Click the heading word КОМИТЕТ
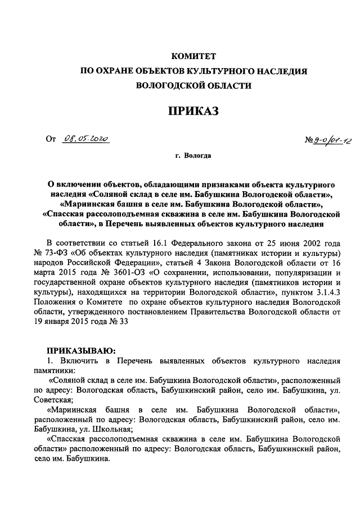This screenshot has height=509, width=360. tap(193, 56)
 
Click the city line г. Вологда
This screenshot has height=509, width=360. tap(193, 155)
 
